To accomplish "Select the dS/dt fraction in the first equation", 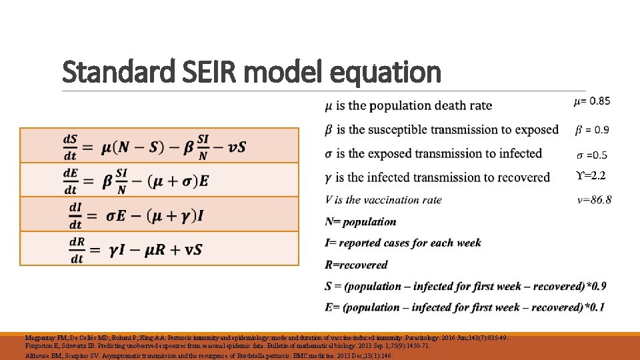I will [70, 147].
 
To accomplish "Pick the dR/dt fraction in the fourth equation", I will [76, 249].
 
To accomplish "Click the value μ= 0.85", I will [591, 101].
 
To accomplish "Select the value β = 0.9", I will [591, 129].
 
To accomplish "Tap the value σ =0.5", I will [592, 155].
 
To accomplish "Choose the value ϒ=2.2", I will [591, 177].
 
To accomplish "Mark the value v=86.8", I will [594, 199].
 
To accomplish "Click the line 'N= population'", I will [360, 221].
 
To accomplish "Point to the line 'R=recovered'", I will [356, 265].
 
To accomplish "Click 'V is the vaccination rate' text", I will [383, 199].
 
